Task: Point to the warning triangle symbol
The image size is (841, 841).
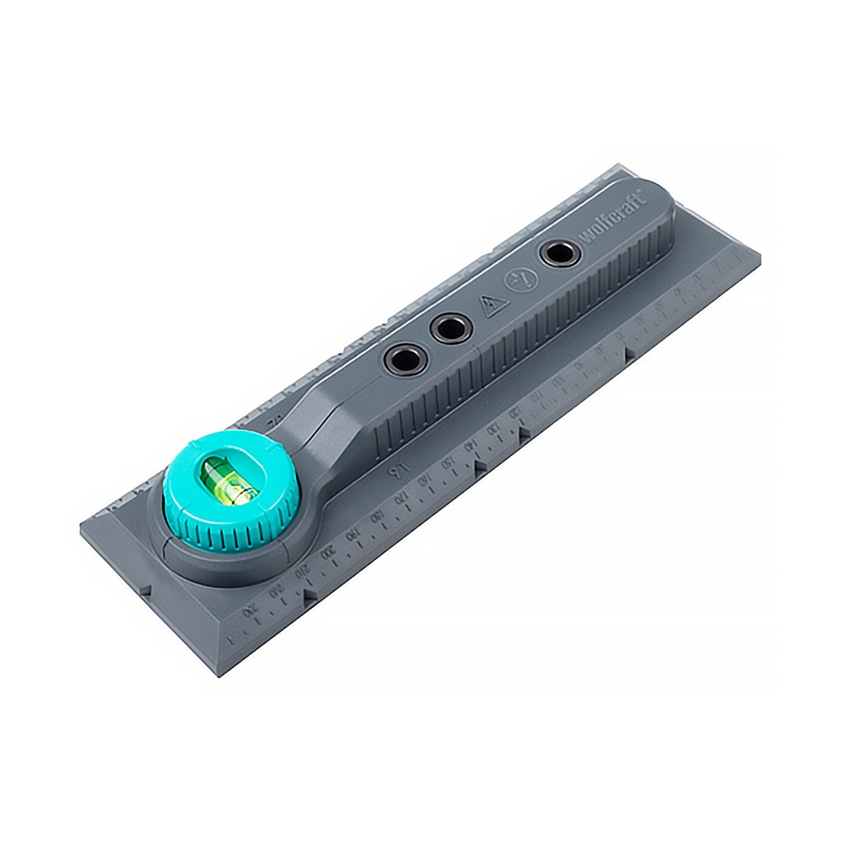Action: pyautogui.click(x=491, y=304)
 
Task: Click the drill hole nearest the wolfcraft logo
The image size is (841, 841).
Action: pyautogui.click(x=558, y=252)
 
